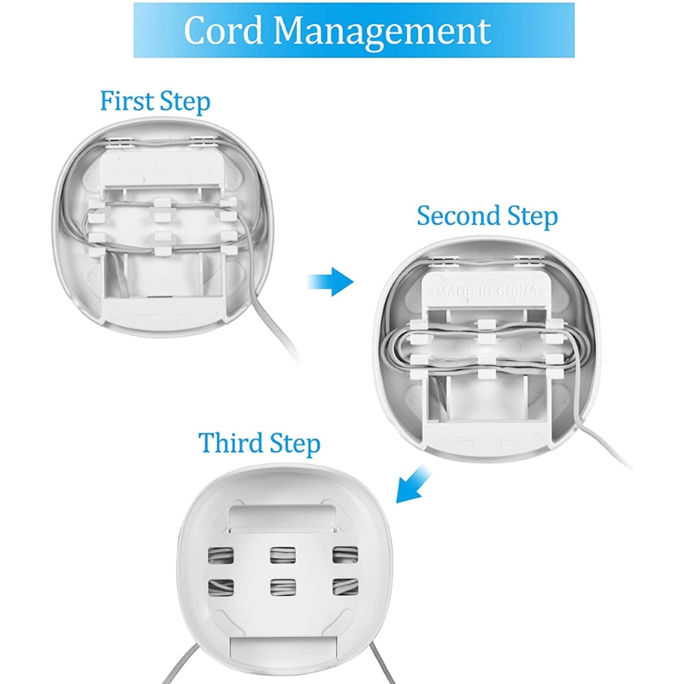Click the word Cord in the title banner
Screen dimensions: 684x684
point(223,31)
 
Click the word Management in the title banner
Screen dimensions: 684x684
point(382,32)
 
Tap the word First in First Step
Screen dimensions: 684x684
point(127,101)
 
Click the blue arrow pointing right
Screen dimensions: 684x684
point(330,282)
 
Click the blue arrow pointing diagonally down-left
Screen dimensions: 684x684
point(413,484)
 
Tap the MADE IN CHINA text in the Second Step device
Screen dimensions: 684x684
point(486,291)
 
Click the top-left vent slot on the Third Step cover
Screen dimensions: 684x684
point(221,555)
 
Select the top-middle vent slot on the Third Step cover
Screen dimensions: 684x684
point(283,555)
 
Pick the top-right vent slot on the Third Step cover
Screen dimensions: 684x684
point(345,555)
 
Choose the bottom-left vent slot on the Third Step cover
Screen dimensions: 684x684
point(221,587)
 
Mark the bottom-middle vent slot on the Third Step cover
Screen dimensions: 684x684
point(283,587)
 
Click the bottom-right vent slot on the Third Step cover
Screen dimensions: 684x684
point(345,587)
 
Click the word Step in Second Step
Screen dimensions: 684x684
point(533,217)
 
